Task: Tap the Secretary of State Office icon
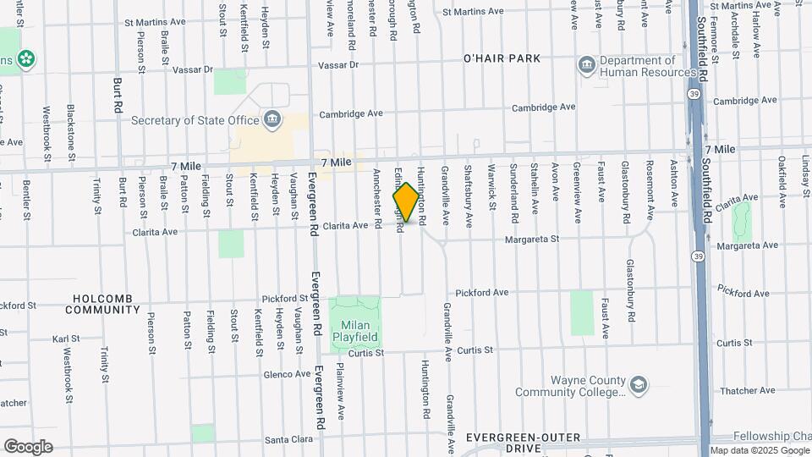(x=272, y=118)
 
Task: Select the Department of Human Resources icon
(x=586, y=65)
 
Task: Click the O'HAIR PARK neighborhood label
(x=502, y=58)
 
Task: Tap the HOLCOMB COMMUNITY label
(x=106, y=304)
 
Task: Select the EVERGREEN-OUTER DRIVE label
(x=524, y=442)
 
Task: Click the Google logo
(x=28, y=446)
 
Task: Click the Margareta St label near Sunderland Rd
(x=532, y=240)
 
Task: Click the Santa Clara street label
(x=289, y=440)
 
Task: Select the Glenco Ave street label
(x=287, y=374)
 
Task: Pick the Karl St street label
(x=65, y=339)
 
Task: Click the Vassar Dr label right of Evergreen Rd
(x=338, y=65)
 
